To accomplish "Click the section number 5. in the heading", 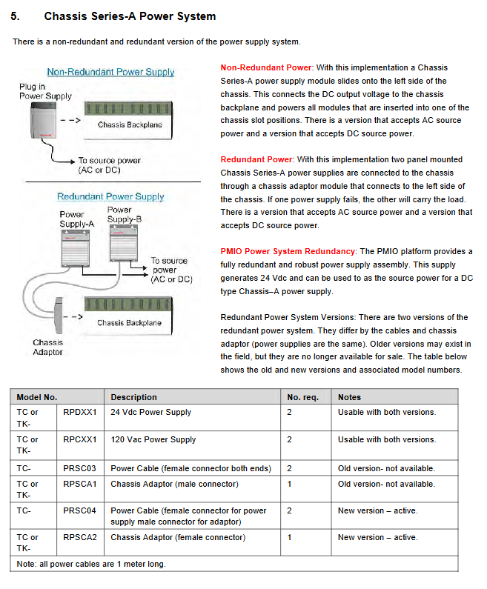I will (19, 16).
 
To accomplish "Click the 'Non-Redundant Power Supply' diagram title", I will (110, 73).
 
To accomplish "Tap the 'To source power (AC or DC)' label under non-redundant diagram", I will (109, 164).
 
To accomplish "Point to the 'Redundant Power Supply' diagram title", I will (110, 197).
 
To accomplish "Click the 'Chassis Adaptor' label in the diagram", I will (47, 347).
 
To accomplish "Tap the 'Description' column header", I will (133, 397).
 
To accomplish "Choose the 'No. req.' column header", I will (302, 397).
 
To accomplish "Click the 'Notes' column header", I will (349, 397).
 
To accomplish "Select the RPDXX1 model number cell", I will (80, 412).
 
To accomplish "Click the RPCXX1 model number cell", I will (80, 439).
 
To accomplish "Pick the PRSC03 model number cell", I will (80, 468).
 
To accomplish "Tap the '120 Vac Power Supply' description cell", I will (153, 439).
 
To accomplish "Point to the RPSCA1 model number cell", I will (80, 484).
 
